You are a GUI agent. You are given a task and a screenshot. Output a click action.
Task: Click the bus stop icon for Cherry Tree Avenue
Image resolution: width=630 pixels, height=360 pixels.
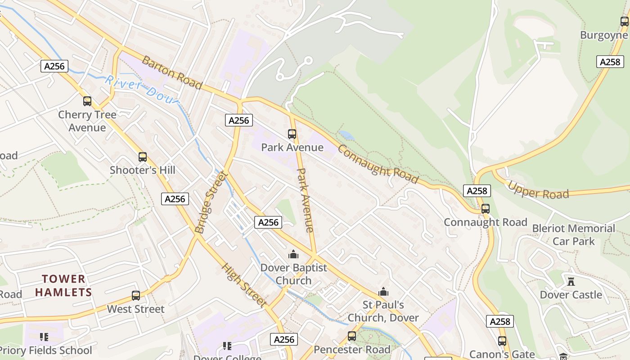pos(87,101)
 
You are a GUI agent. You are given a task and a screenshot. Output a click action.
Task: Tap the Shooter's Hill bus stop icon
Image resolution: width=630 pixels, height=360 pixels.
pos(143,157)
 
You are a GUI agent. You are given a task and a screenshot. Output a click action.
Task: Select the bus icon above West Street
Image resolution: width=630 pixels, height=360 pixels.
pos(136,296)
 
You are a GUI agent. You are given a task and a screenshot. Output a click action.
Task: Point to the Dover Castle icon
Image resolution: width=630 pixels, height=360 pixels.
pos(571,282)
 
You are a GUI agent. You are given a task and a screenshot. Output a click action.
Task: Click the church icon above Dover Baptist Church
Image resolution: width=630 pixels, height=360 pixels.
pos(293,255)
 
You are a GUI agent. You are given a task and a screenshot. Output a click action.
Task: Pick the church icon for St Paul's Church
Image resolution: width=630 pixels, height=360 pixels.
pos(383,292)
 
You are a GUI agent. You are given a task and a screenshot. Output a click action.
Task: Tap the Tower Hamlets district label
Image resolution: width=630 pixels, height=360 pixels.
pos(63,286)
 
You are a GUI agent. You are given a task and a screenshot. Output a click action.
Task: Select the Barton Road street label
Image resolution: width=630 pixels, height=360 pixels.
pos(172,72)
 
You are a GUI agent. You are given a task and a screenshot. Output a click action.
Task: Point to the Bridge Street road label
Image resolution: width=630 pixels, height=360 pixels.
pos(211,202)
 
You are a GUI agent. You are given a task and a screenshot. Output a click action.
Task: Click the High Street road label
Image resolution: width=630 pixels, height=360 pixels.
pos(243,285)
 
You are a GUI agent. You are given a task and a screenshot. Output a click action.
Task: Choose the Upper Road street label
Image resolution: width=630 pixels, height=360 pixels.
pos(539,190)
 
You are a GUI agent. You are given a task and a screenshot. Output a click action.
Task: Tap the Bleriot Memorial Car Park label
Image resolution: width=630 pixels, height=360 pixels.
pos(573,234)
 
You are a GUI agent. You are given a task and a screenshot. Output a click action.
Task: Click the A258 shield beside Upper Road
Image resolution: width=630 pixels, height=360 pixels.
pos(477,191)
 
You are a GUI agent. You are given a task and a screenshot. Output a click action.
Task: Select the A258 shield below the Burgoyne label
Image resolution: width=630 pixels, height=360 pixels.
pos(610,62)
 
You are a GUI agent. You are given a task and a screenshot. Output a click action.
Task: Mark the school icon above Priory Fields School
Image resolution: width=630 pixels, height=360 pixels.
pos(44,337)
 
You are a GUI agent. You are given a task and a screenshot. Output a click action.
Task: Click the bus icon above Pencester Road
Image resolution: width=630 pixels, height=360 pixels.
pos(352,336)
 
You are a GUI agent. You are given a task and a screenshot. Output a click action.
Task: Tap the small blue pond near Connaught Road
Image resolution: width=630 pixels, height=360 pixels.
pos(346,135)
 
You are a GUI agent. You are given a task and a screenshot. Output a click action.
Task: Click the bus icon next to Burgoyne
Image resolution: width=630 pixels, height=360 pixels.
pos(625,21)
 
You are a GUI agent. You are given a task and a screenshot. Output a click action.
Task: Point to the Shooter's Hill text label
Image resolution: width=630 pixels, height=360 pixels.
pos(143,170)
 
